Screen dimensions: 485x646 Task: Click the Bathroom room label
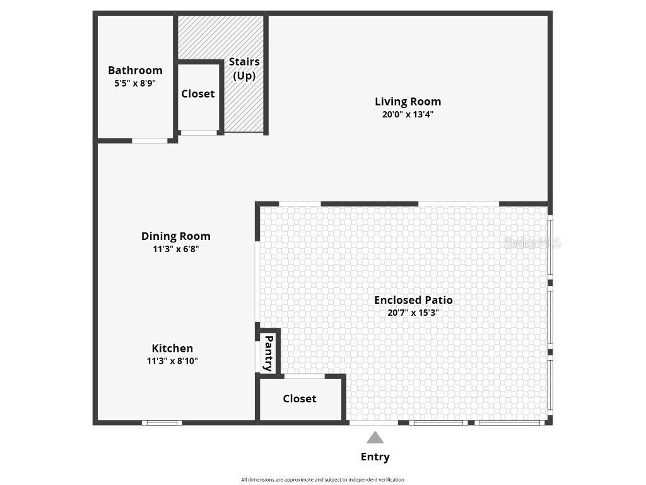135,70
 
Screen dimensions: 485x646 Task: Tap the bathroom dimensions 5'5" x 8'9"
135,83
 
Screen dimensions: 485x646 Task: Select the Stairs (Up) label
244,68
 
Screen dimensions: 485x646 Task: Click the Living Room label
408,101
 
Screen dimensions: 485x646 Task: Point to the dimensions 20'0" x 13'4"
408,114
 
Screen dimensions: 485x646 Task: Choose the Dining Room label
175,236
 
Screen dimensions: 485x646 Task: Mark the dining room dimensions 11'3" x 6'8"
175,249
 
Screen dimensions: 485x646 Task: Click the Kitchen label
172,348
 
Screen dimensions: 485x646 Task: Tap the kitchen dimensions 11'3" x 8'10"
172,361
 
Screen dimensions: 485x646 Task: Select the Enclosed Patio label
413,300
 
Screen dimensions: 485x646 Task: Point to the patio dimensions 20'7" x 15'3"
413,313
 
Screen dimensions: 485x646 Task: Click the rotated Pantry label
268,354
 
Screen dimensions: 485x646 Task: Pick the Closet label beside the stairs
198,93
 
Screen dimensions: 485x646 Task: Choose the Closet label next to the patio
300,398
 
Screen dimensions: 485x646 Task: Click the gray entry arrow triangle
375,438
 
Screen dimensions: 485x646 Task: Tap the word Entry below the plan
375,457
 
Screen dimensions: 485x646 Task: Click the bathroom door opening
150,140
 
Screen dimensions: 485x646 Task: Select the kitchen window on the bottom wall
162,422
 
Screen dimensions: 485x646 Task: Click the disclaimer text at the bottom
322,479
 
